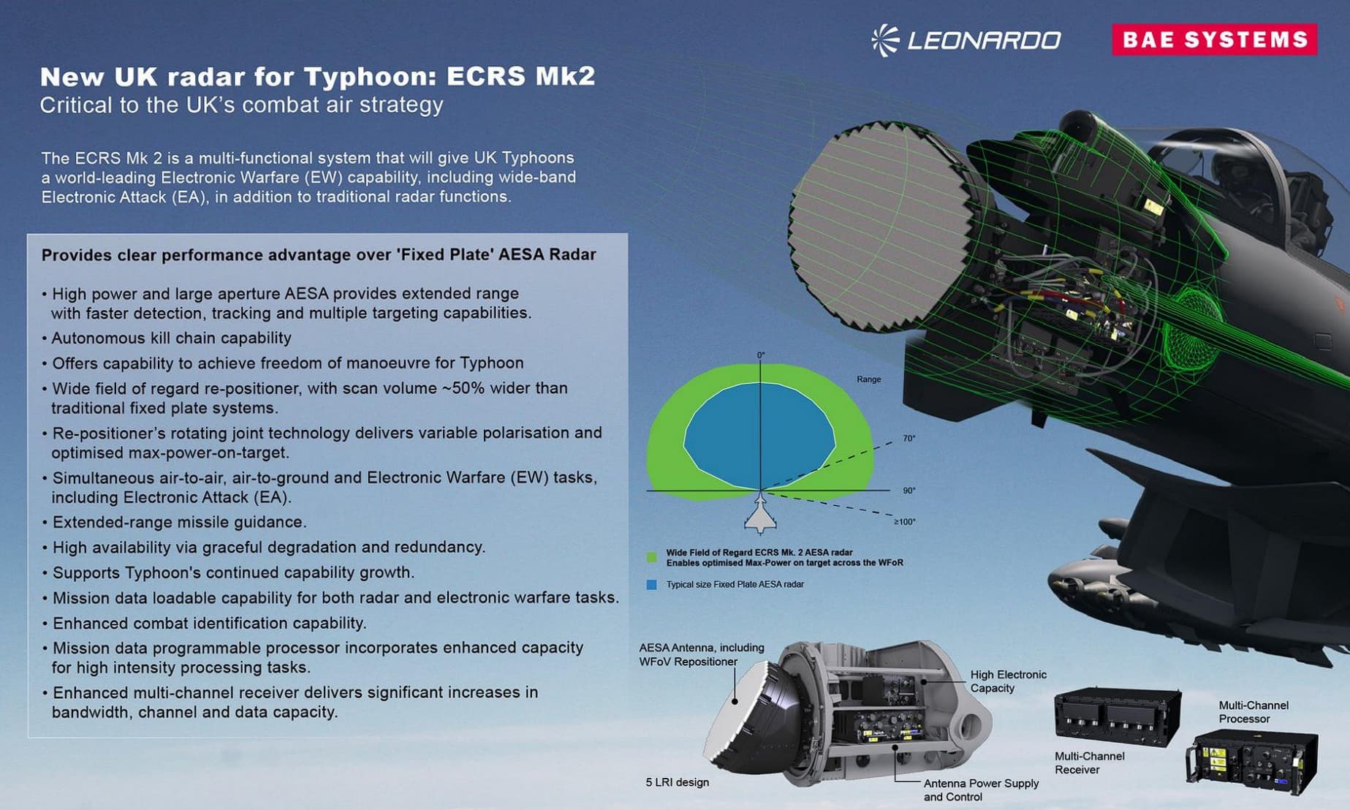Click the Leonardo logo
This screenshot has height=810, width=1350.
point(966,39)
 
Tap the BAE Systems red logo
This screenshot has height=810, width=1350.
point(1215,39)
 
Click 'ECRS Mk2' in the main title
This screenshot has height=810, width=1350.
point(520,76)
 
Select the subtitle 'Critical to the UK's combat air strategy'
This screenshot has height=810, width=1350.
point(241,105)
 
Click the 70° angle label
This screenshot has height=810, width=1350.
point(909,439)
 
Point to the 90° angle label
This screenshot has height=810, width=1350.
point(909,491)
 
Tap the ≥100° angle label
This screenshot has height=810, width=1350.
point(904,522)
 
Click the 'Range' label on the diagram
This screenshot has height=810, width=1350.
point(868,379)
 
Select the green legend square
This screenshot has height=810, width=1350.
point(651,558)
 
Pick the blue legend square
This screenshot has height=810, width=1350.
point(651,585)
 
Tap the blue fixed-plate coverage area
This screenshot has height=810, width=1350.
point(759,436)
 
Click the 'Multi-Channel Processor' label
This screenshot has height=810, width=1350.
point(1254,712)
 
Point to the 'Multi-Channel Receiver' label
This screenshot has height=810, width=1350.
point(1089,762)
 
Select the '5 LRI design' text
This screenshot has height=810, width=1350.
point(677,782)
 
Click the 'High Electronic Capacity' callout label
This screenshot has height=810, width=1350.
point(1008,681)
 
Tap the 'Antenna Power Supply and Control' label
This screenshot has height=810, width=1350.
point(981,790)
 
